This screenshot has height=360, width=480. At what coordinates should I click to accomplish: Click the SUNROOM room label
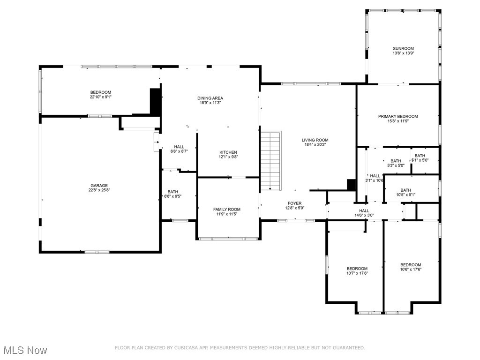point(403,48)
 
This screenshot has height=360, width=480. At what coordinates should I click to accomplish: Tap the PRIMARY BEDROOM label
point(398,116)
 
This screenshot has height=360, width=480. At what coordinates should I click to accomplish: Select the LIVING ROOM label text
point(315,140)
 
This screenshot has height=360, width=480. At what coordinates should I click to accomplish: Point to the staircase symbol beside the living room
point(270,160)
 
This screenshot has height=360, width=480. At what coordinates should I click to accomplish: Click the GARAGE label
point(99,186)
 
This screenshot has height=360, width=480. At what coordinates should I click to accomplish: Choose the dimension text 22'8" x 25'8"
point(99,191)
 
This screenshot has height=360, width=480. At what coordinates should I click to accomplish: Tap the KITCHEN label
point(228,152)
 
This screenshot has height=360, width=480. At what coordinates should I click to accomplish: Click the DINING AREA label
point(210,98)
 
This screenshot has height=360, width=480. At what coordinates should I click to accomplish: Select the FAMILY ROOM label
point(227,209)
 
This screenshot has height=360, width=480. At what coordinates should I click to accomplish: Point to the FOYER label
point(294,203)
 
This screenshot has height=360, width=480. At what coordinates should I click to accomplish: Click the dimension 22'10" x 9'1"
point(101,97)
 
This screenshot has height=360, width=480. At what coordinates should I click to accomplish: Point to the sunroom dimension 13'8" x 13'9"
point(403,53)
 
